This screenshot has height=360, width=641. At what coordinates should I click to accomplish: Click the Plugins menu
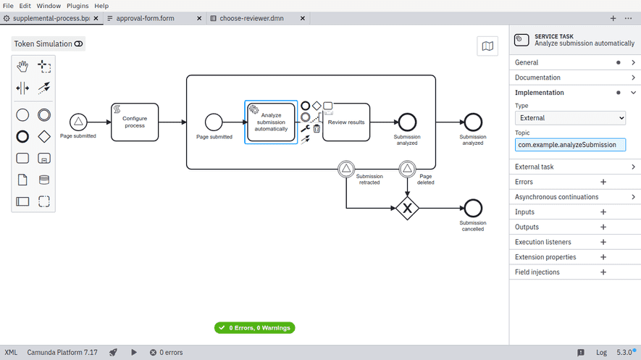[77, 6]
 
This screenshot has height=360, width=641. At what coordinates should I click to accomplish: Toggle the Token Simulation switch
[78, 44]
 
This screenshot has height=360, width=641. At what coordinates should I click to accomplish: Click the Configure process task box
[134, 122]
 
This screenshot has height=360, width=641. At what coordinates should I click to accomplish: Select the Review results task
[345, 122]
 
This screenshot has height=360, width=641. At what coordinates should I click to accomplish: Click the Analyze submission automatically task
[271, 122]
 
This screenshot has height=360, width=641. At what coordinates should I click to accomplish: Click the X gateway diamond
[407, 209]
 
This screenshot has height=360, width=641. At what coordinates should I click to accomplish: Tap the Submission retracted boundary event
[346, 169]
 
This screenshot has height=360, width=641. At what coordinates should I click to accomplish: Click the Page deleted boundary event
[407, 169]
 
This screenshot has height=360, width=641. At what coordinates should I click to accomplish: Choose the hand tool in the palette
[22, 67]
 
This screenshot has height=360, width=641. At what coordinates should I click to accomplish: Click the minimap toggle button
[487, 46]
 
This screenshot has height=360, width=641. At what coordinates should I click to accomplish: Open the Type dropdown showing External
[570, 118]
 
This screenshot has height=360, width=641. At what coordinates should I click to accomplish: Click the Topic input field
[570, 145]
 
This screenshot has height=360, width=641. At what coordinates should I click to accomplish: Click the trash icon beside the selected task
[317, 129]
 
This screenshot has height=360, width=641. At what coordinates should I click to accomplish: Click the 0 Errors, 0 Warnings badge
[254, 328]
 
